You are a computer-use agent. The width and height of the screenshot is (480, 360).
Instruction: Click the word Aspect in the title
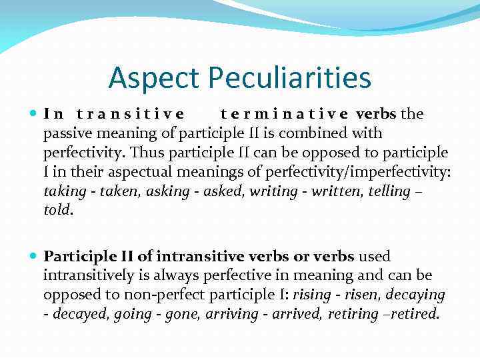[x=153, y=78]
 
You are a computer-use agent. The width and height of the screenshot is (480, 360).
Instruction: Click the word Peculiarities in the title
[x=289, y=78]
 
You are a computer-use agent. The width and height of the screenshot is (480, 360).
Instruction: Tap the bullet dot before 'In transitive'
[x=34, y=114]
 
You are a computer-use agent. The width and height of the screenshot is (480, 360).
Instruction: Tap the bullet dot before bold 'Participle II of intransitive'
[x=34, y=256]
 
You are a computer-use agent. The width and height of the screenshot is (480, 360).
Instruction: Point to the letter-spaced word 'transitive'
[x=131, y=114]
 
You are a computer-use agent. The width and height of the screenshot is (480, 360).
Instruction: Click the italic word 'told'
[x=56, y=211]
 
